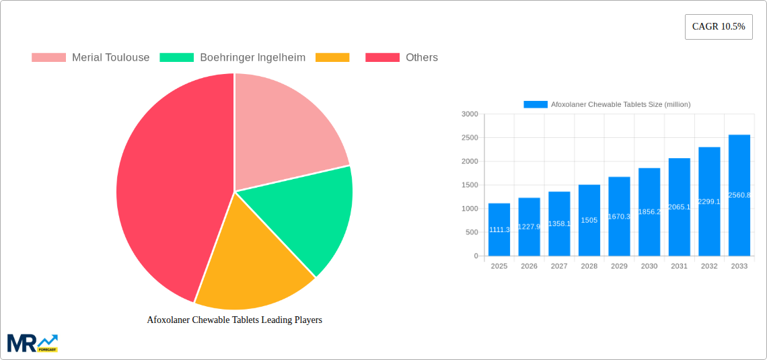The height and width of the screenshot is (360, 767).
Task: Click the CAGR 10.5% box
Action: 719,27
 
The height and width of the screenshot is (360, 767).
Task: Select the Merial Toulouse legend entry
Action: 90,57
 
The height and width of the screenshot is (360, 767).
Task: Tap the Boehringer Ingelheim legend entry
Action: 232,57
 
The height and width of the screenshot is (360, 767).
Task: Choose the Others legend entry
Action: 401,57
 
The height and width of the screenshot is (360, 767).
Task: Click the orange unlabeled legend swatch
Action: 332,57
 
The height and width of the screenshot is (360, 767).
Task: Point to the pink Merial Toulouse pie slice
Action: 283,135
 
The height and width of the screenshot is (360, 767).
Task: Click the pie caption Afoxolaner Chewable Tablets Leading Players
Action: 234,320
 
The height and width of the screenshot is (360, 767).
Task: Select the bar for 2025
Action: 499,229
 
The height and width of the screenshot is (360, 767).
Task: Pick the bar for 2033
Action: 739,195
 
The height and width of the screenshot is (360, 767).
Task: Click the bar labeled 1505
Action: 589,220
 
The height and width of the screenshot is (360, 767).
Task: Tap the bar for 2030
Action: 649,212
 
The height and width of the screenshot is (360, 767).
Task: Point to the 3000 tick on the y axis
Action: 470,114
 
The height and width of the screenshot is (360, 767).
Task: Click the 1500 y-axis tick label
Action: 470,185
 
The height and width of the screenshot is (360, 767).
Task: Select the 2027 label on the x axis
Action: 559,266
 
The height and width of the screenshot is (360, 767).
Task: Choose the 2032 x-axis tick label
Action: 709,266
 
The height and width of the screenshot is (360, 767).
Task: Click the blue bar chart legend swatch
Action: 536,104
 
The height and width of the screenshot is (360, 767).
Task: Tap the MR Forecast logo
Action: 32,343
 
